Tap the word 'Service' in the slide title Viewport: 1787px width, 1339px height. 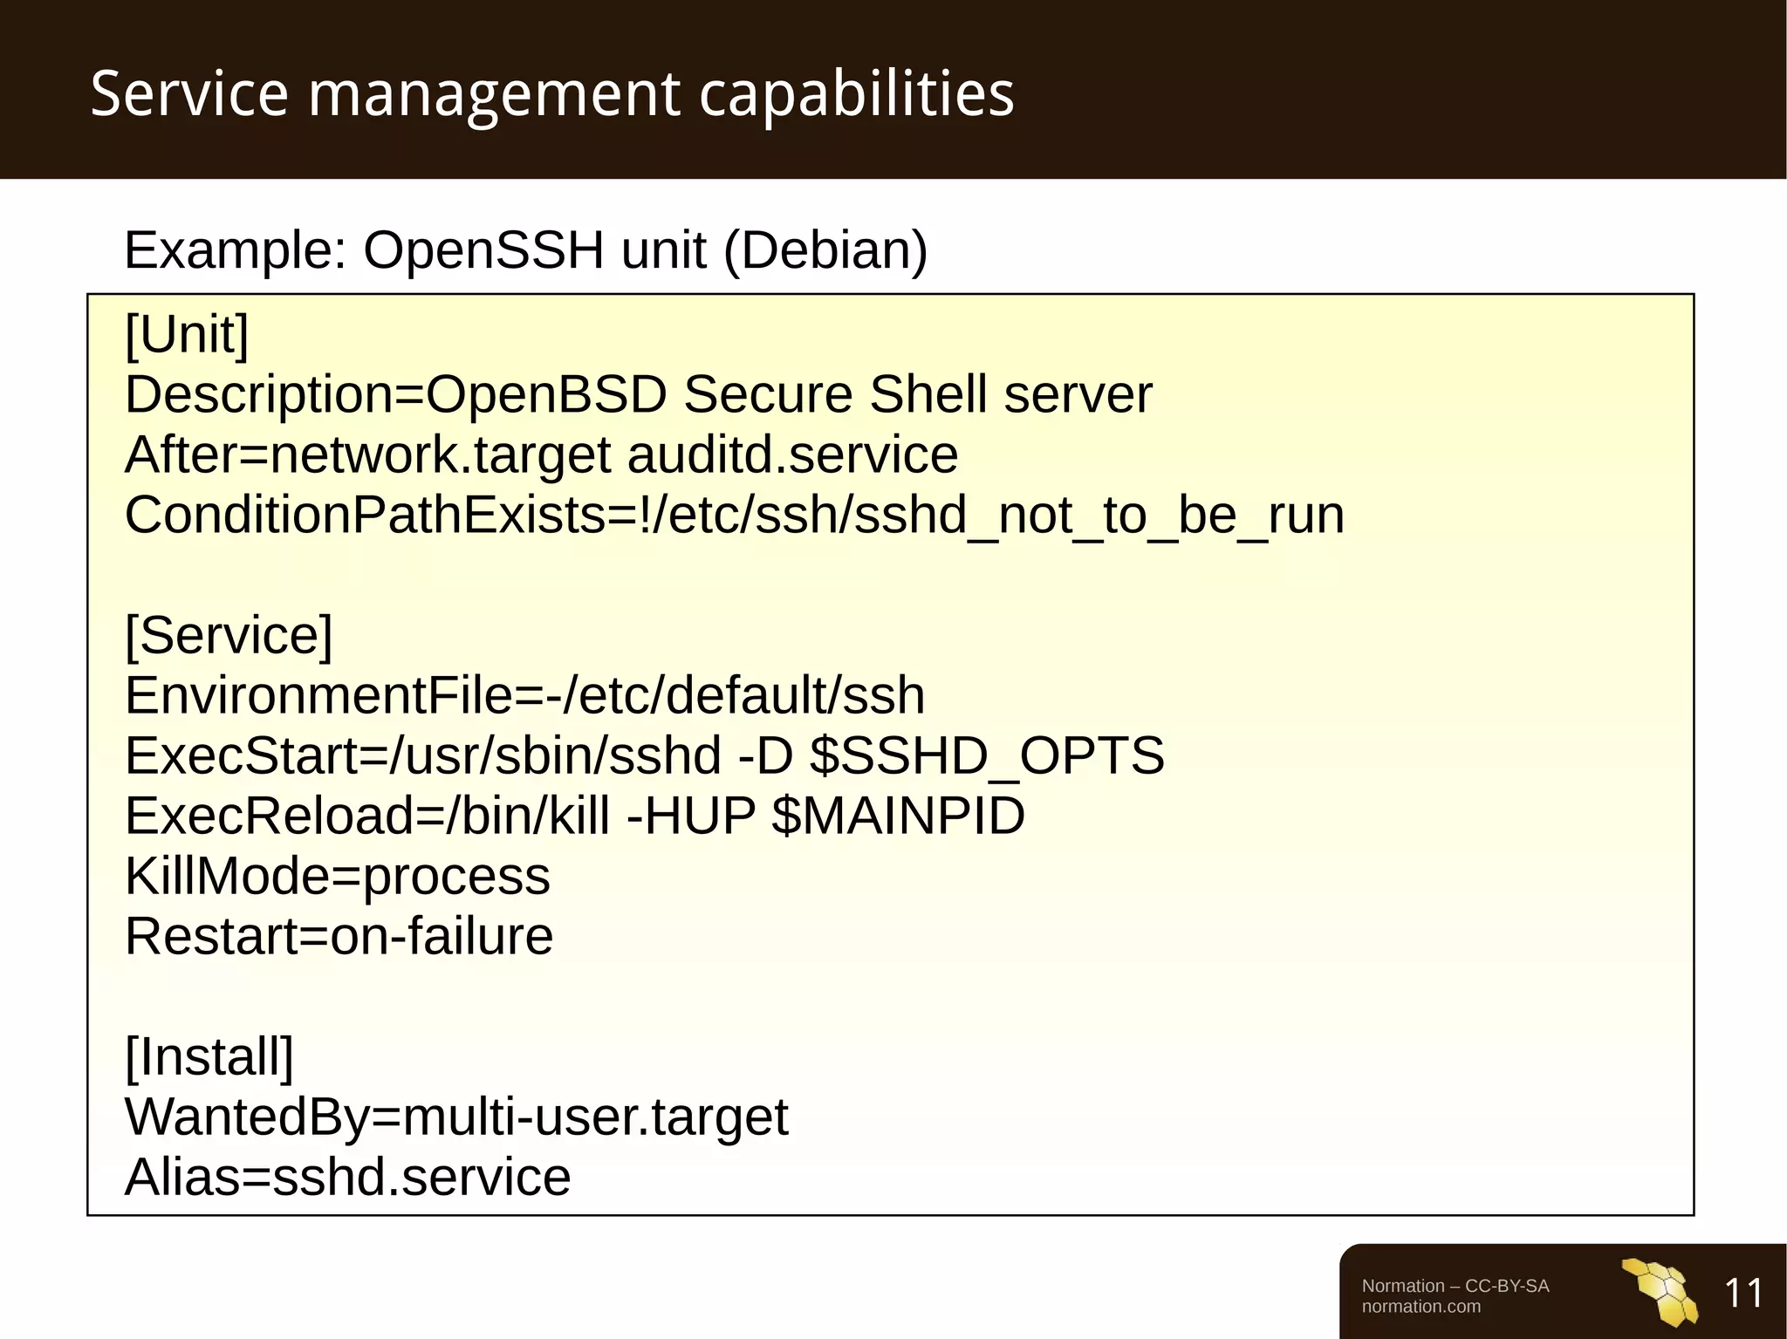[x=189, y=93]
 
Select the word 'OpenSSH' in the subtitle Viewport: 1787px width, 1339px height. [x=483, y=250]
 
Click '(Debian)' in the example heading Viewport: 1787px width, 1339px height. [x=825, y=250]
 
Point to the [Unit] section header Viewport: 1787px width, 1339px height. [x=187, y=334]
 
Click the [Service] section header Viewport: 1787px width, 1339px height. [x=229, y=635]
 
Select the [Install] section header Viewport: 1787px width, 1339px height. [x=209, y=1056]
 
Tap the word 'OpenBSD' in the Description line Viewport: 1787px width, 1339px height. [x=546, y=394]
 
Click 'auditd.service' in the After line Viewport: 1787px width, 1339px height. [x=792, y=454]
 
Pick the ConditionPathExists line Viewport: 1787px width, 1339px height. [x=734, y=515]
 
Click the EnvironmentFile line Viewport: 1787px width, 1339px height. [x=524, y=695]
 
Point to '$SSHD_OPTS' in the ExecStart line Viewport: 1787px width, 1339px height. [x=987, y=755]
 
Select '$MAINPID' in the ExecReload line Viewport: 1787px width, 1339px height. [x=898, y=816]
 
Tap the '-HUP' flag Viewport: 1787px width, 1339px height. [x=691, y=816]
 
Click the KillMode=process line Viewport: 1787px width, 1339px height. [x=338, y=876]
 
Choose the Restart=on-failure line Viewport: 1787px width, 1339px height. [x=339, y=936]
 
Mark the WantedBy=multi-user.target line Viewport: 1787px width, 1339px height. [x=456, y=1117]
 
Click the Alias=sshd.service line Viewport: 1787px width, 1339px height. [x=347, y=1177]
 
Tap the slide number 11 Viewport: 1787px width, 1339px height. [x=1743, y=1293]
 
